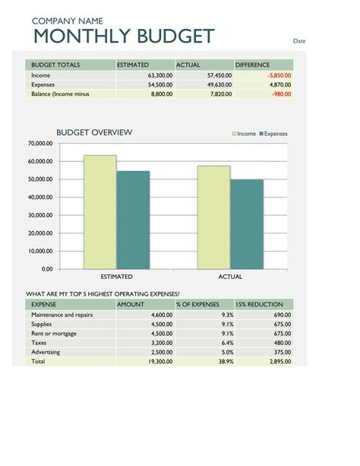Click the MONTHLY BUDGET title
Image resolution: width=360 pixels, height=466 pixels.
(123, 36)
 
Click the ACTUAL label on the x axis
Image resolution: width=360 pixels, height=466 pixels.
(230, 277)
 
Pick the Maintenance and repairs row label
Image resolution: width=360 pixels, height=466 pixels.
(62, 315)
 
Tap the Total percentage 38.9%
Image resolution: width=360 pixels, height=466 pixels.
(225, 362)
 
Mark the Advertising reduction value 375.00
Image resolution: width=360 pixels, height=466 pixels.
(282, 353)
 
